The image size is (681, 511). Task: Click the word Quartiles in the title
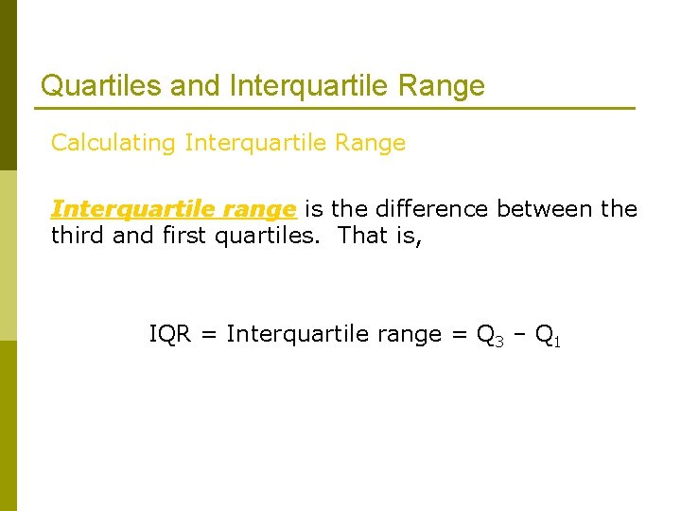(101, 86)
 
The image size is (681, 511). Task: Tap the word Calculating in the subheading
(113, 143)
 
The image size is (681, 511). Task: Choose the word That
(360, 235)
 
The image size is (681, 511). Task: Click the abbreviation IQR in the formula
(171, 334)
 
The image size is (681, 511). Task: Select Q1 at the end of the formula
(548, 336)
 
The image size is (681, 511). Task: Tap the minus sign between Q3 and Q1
(519, 335)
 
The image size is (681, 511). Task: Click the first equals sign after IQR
(211, 335)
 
